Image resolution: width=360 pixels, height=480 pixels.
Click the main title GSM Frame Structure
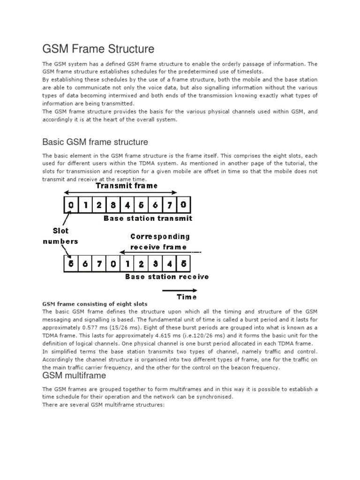[x=98, y=49]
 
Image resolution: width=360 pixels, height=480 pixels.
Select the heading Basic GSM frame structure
[x=95, y=142]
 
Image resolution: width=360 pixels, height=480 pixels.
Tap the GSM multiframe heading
[x=74, y=375]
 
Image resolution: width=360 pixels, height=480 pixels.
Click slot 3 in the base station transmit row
[x=113, y=204]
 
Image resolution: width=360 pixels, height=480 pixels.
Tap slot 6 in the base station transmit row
[x=156, y=204]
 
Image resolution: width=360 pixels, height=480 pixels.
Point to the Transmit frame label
[x=127, y=186]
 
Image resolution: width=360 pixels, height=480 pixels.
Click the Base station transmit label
[x=148, y=218]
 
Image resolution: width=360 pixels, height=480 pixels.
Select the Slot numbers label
[x=60, y=236]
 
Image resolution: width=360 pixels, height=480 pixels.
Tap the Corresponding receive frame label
[x=159, y=241]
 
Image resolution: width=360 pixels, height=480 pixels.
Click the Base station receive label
[x=167, y=277]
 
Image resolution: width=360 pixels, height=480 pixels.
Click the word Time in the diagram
[x=186, y=297]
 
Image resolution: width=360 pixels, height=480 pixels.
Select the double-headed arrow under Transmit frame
[x=120, y=192]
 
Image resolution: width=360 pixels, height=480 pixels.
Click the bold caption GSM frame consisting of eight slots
[x=95, y=304]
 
